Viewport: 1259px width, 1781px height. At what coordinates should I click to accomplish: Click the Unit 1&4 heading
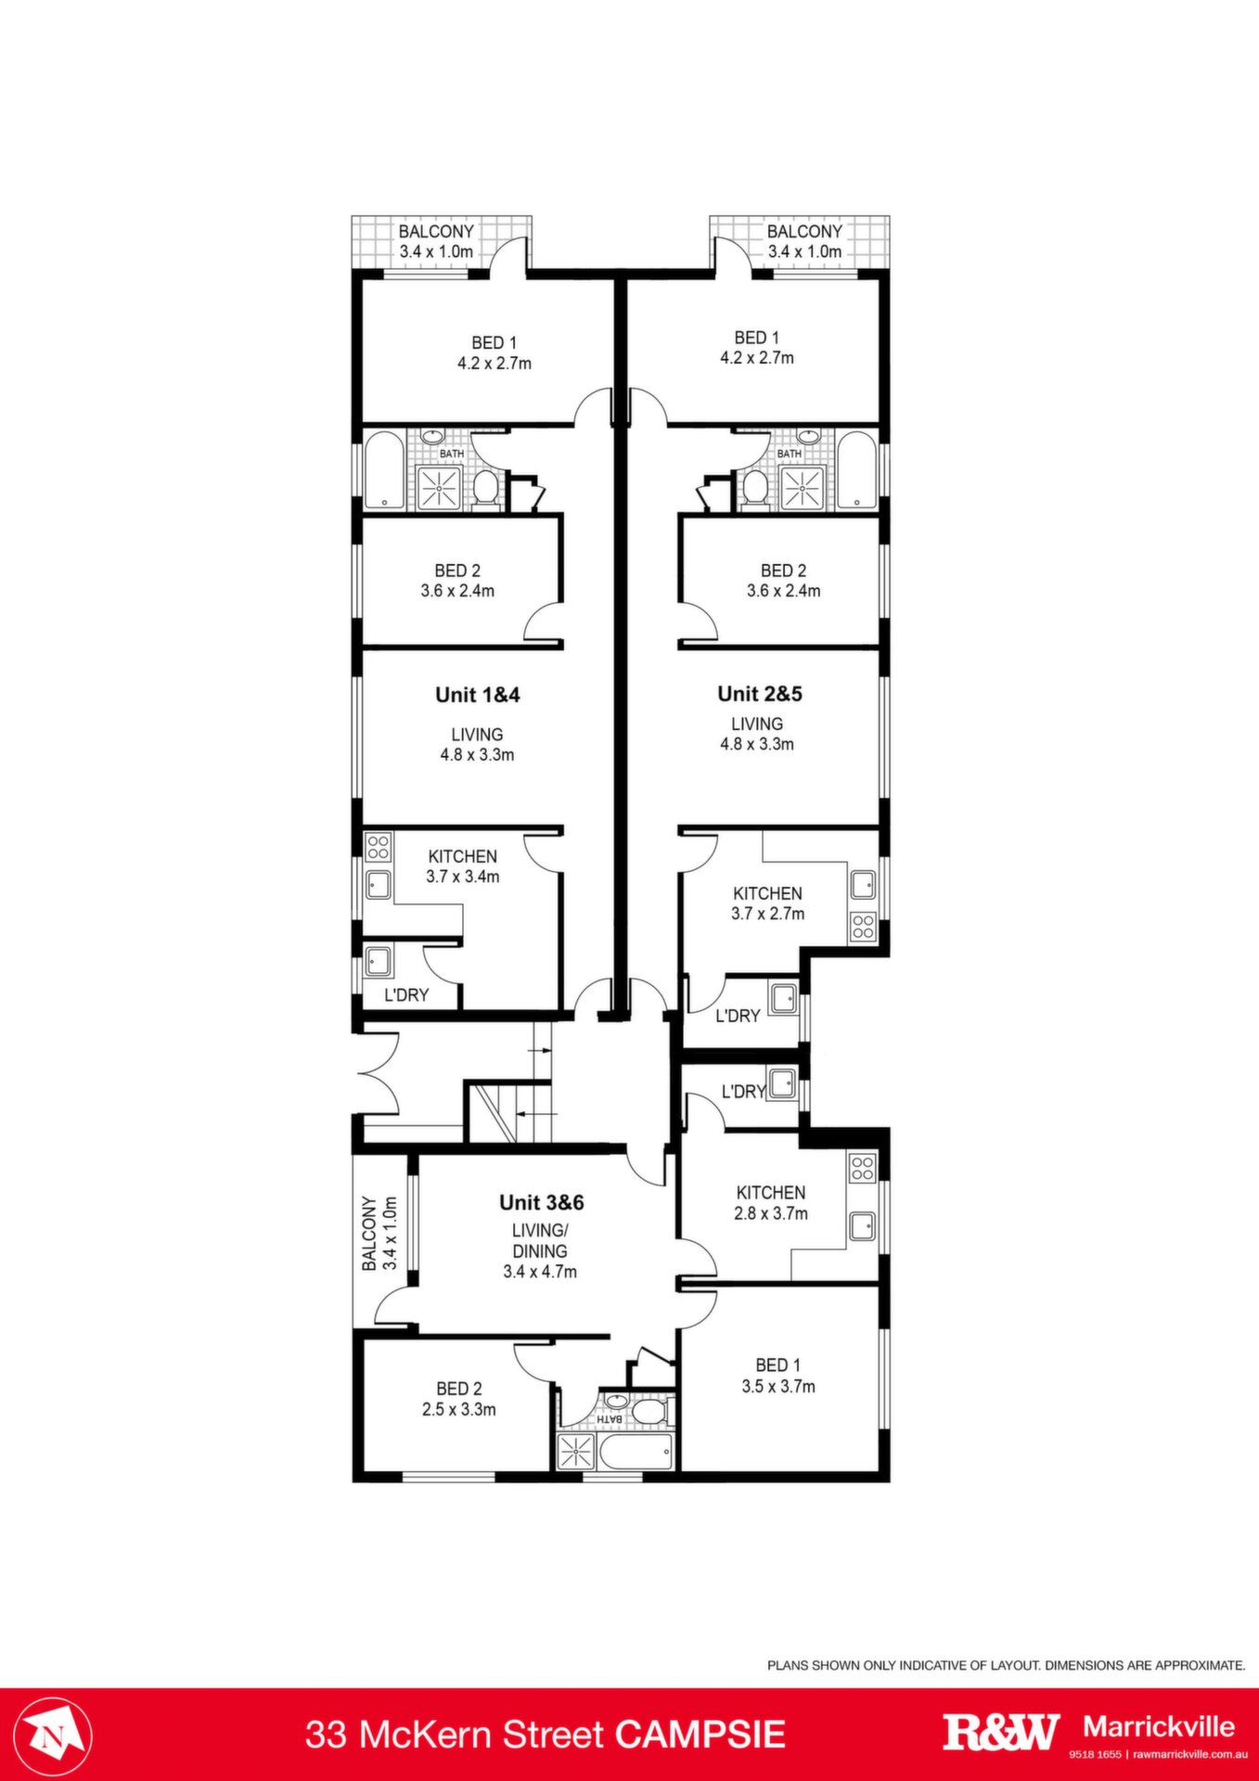pyautogui.click(x=478, y=695)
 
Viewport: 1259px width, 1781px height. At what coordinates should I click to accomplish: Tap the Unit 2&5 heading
pyautogui.click(x=760, y=694)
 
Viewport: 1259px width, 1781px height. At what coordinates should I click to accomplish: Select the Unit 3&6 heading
pyautogui.click(x=542, y=1202)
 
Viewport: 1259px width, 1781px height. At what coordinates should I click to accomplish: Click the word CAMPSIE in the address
pyautogui.click(x=700, y=1734)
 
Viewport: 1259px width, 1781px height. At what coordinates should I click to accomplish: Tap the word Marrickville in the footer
pyautogui.click(x=1159, y=1726)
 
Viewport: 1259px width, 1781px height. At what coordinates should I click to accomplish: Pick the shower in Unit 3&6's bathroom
pyautogui.click(x=576, y=1451)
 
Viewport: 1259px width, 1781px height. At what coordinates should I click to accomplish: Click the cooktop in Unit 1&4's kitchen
pyautogui.click(x=379, y=846)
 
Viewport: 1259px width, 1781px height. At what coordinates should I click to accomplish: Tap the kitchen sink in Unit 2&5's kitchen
pyautogui.click(x=863, y=885)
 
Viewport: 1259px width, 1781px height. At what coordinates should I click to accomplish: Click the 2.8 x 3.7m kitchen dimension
pyautogui.click(x=771, y=1213)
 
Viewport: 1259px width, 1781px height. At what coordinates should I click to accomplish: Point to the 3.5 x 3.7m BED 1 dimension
pyautogui.click(x=778, y=1387)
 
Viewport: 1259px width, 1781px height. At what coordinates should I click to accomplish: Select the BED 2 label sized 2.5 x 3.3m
pyautogui.click(x=459, y=1389)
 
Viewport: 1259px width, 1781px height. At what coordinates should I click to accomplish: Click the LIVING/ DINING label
pyautogui.click(x=540, y=1240)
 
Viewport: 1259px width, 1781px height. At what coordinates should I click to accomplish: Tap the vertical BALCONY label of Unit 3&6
pyautogui.click(x=369, y=1233)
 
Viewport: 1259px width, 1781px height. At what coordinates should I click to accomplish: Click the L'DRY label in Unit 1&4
pyautogui.click(x=407, y=995)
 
